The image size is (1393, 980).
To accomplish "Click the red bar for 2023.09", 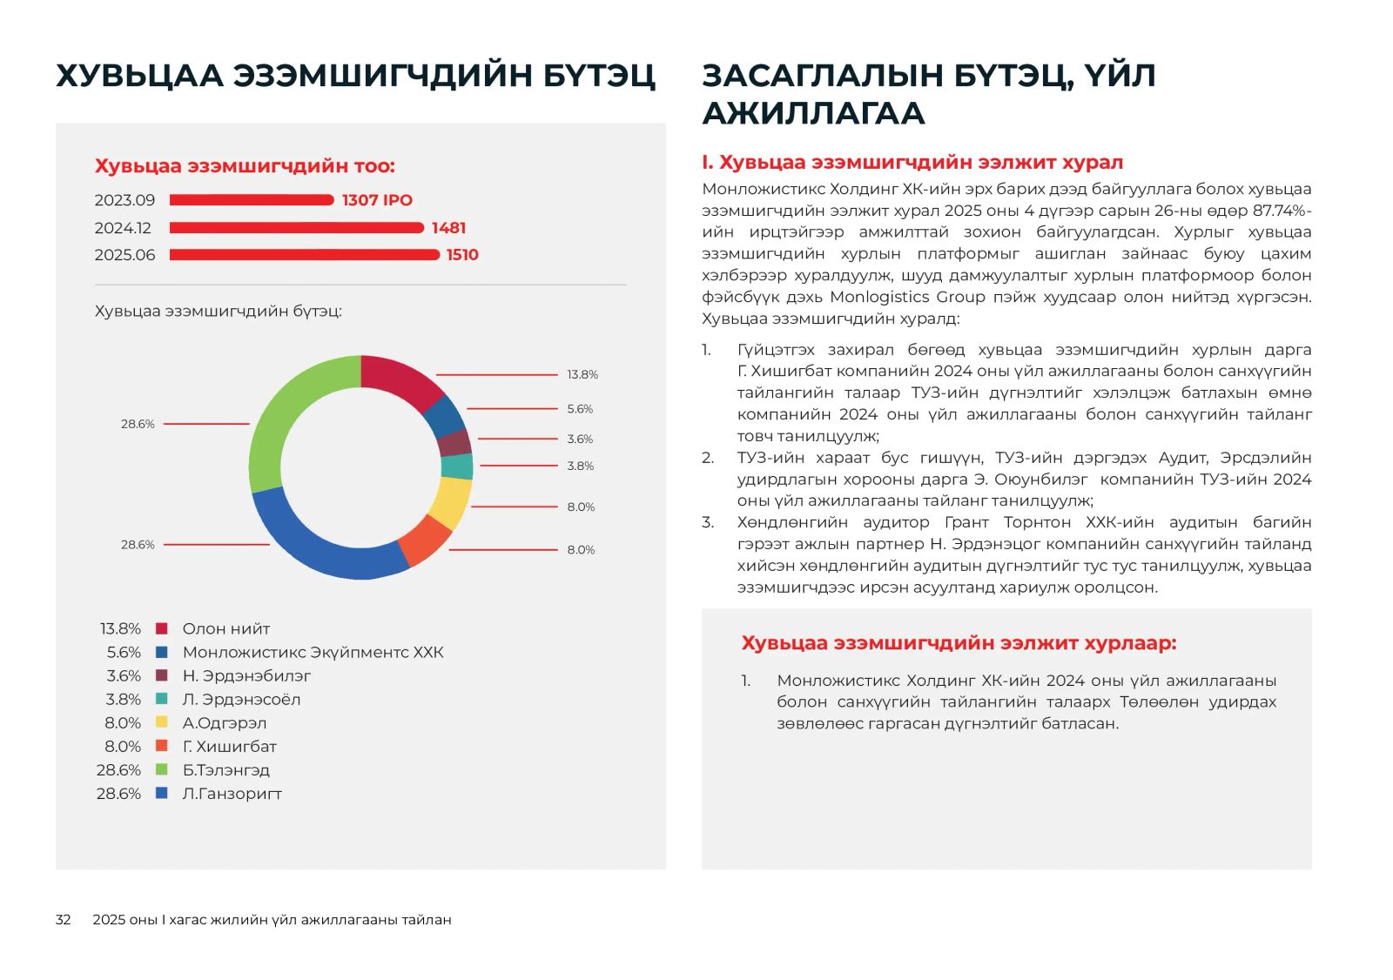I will pos(251,200).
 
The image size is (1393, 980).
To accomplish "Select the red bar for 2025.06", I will pos(304,255).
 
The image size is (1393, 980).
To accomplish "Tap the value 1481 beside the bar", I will pos(448,228).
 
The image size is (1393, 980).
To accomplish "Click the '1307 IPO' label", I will pos(377,200).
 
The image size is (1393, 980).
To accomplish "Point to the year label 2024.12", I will pos(123,228).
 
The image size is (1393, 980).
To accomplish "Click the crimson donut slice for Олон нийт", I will pos(398,379).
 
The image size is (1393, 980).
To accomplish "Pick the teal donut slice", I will pos(457,467).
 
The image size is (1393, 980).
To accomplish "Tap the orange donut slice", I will pos(425,540).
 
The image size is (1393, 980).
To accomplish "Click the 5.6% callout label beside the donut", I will pos(580,409).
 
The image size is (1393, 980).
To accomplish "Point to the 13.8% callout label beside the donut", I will pos(582,375).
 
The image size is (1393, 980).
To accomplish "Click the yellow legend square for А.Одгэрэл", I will pos(161,722).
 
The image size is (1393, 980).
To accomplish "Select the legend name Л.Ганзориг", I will pos(232,794).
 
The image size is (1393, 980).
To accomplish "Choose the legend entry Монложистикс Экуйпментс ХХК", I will pos(313,653).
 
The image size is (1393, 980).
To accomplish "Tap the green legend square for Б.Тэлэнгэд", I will pos(161,769).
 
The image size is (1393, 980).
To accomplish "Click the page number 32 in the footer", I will pos(63,920).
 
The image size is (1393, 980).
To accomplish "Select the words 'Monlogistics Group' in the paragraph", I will pos(907,297).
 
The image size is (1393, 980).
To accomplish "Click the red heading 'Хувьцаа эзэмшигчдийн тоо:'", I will pos(245,166).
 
